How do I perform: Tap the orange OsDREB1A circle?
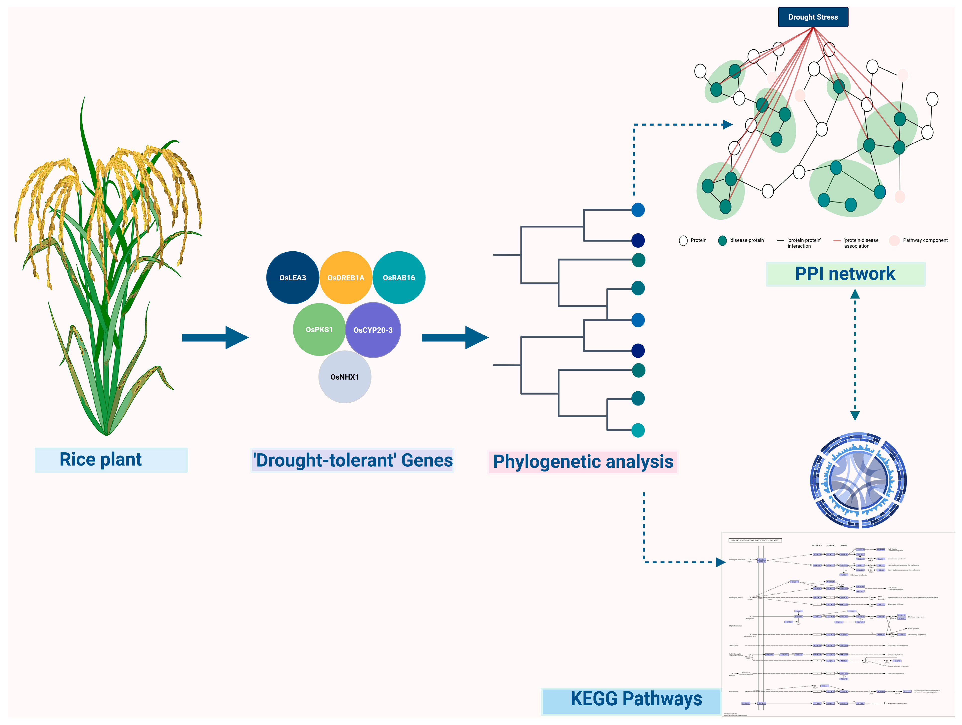[345, 277]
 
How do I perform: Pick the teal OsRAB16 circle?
[399, 277]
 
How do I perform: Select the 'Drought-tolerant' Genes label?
[352, 460]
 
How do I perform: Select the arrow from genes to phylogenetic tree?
[455, 337]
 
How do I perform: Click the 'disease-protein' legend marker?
[722, 241]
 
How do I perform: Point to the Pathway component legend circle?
[894, 241]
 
